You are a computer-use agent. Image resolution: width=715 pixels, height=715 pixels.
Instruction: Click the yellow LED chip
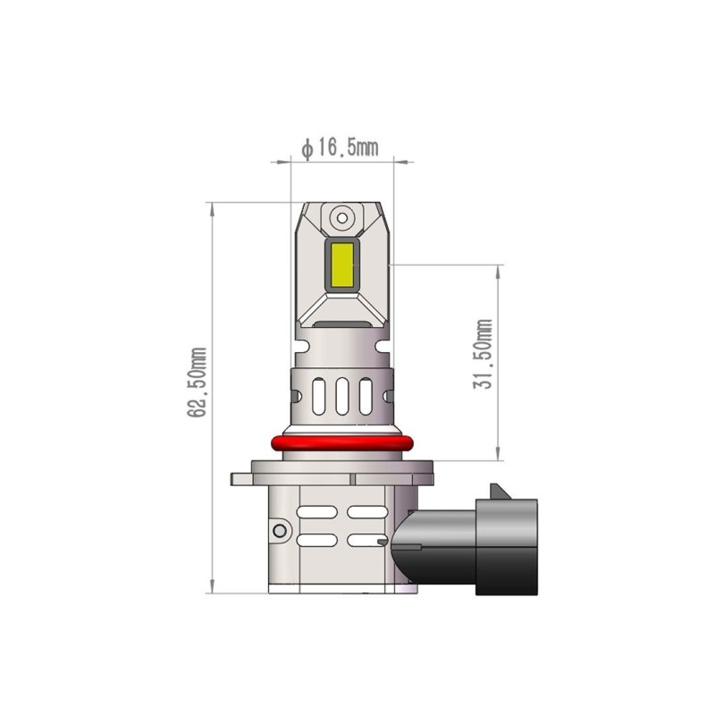click(x=343, y=265)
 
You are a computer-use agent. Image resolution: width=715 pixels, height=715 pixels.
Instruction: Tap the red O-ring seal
click(x=342, y=443)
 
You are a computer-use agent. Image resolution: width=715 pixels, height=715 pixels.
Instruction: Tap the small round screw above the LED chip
click(x=342, y=217)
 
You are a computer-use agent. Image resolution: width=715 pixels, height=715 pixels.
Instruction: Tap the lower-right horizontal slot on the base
click(x=366, y=541)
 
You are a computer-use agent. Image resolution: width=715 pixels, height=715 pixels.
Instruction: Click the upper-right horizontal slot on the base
click(x=366, y=513)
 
